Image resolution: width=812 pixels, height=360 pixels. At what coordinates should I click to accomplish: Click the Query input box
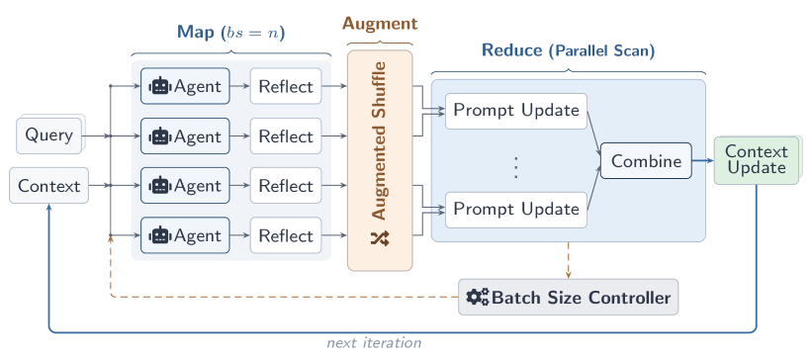pyautogui.click(x=48, y=135)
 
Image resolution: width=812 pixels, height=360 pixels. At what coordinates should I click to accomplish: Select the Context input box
pyautogui.click(x=48, y=186)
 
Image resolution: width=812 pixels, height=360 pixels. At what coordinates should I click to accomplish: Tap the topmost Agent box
pyautogui.click(x=185, y=86)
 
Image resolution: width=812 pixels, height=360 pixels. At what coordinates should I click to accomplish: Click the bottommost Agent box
pyautogui.click(x=185, y=236)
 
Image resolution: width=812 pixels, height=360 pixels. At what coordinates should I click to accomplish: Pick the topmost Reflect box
pyautogui.click(x=285, y=86)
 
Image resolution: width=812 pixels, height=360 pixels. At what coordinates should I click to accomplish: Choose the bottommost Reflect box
pyautogui.click(x=285, y=236)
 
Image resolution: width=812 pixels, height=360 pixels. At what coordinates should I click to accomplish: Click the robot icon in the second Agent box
pyautogui.click(x=159, y=136)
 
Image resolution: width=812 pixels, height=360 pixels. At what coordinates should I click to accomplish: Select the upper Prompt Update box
pyautogui.click(x=515, y=110)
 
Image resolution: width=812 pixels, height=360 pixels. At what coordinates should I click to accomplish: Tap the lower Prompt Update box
pyautogui.click(x=515, y=209)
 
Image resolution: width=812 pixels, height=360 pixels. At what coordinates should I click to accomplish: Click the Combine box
pyautogui.click(x=646, y=161)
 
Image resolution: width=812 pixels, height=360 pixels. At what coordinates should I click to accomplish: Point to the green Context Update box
pyautogui.click(x=757, y=159)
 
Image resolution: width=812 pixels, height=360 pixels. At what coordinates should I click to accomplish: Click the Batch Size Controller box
pyautogui.click(x=569, y=297)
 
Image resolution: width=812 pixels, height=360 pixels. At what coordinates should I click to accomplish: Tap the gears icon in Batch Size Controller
pyautogui.click(x=478, y=297)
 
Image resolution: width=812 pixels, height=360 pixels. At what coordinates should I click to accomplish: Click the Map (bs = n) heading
pyautogui.click(x=231, y=32)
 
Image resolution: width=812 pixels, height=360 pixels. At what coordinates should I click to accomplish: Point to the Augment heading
pyautogui.click(x=380, y=23)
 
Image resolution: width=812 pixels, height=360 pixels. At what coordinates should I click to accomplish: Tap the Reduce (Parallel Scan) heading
pyautogui.click(x=568, y=49)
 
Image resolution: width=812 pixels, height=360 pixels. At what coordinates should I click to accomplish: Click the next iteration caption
pyautogui.click(x=374, y=343)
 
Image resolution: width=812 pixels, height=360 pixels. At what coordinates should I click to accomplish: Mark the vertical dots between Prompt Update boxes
pyautogui.click(x=515, y=166)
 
